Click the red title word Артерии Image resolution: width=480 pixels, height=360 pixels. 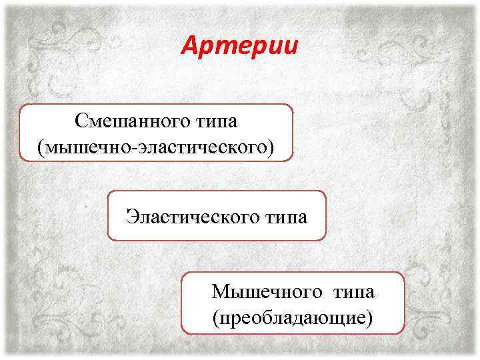(x=240, y=47)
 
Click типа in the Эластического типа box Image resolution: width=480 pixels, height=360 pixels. (x=283, y=217)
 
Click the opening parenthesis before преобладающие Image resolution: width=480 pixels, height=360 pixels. (x=215, y=315)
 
